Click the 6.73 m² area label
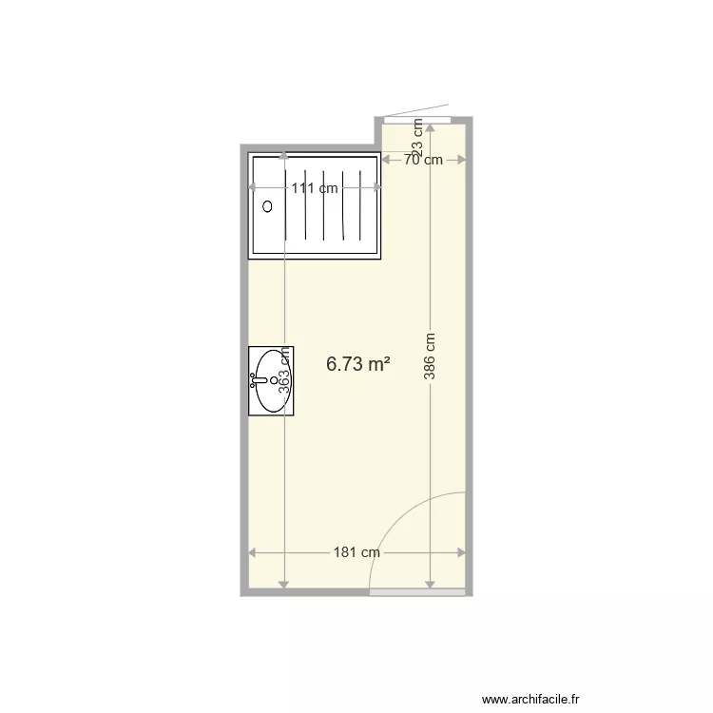[x=358, y=363]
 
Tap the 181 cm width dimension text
[x=357, y=552]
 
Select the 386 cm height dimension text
[x=431, y=355]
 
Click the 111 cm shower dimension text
[x=315, y=188]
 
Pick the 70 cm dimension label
[x=423, y=160]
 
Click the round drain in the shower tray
[x=267, y=205]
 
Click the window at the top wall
[x=415, y=119]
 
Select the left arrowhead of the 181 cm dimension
[x=253, y=552]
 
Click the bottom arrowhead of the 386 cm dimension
[x=431, y=584]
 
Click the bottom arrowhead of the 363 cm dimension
[x=284, y=584]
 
